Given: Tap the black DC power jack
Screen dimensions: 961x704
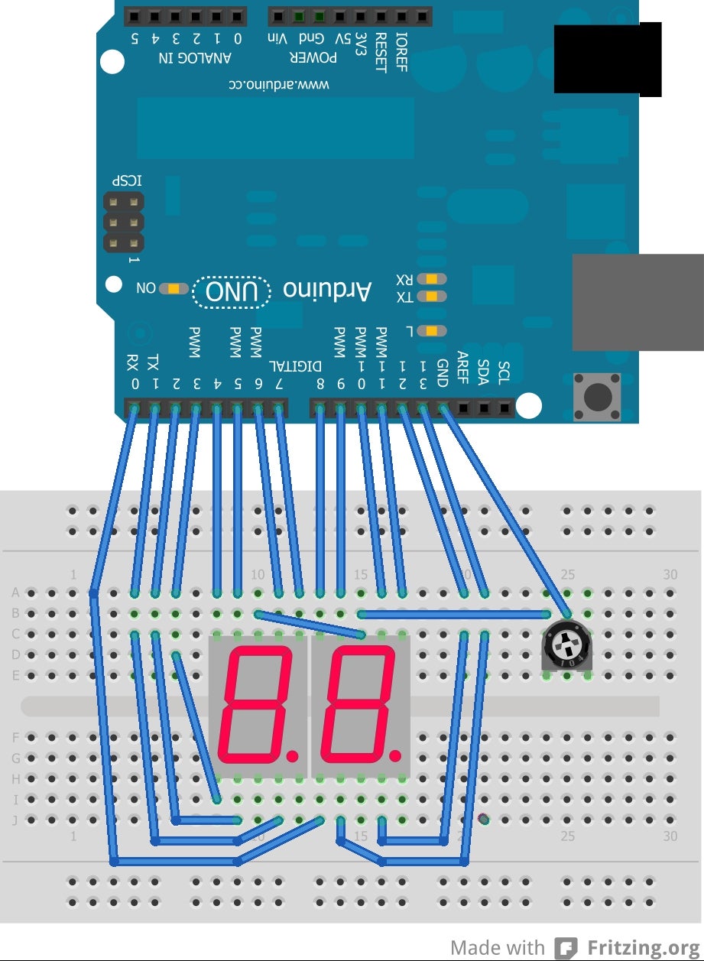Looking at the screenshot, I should (x=607, y=59).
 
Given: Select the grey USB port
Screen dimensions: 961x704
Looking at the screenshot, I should (x=637, y=302).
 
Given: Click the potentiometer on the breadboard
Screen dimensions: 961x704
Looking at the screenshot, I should (x=567, y=648).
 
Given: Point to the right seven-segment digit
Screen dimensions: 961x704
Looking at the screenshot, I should (x=358, y=704).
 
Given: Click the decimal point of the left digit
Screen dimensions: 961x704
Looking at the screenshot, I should (x=292, y=756).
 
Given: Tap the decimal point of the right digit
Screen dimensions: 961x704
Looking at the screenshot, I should (x=394, y=756).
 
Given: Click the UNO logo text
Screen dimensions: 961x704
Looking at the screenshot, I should (x=232, y=291).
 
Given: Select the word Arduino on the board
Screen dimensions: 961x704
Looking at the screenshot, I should (x=327, y=290).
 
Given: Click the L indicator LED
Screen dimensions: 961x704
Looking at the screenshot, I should (x=433, y=330).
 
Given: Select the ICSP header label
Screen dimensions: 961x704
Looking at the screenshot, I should (x=127, y=180).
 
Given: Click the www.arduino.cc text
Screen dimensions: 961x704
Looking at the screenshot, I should (x=280, y=84).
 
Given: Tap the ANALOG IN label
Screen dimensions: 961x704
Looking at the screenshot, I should (x=194, y=58).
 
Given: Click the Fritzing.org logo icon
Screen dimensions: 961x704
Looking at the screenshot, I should (x=566, y=948).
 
